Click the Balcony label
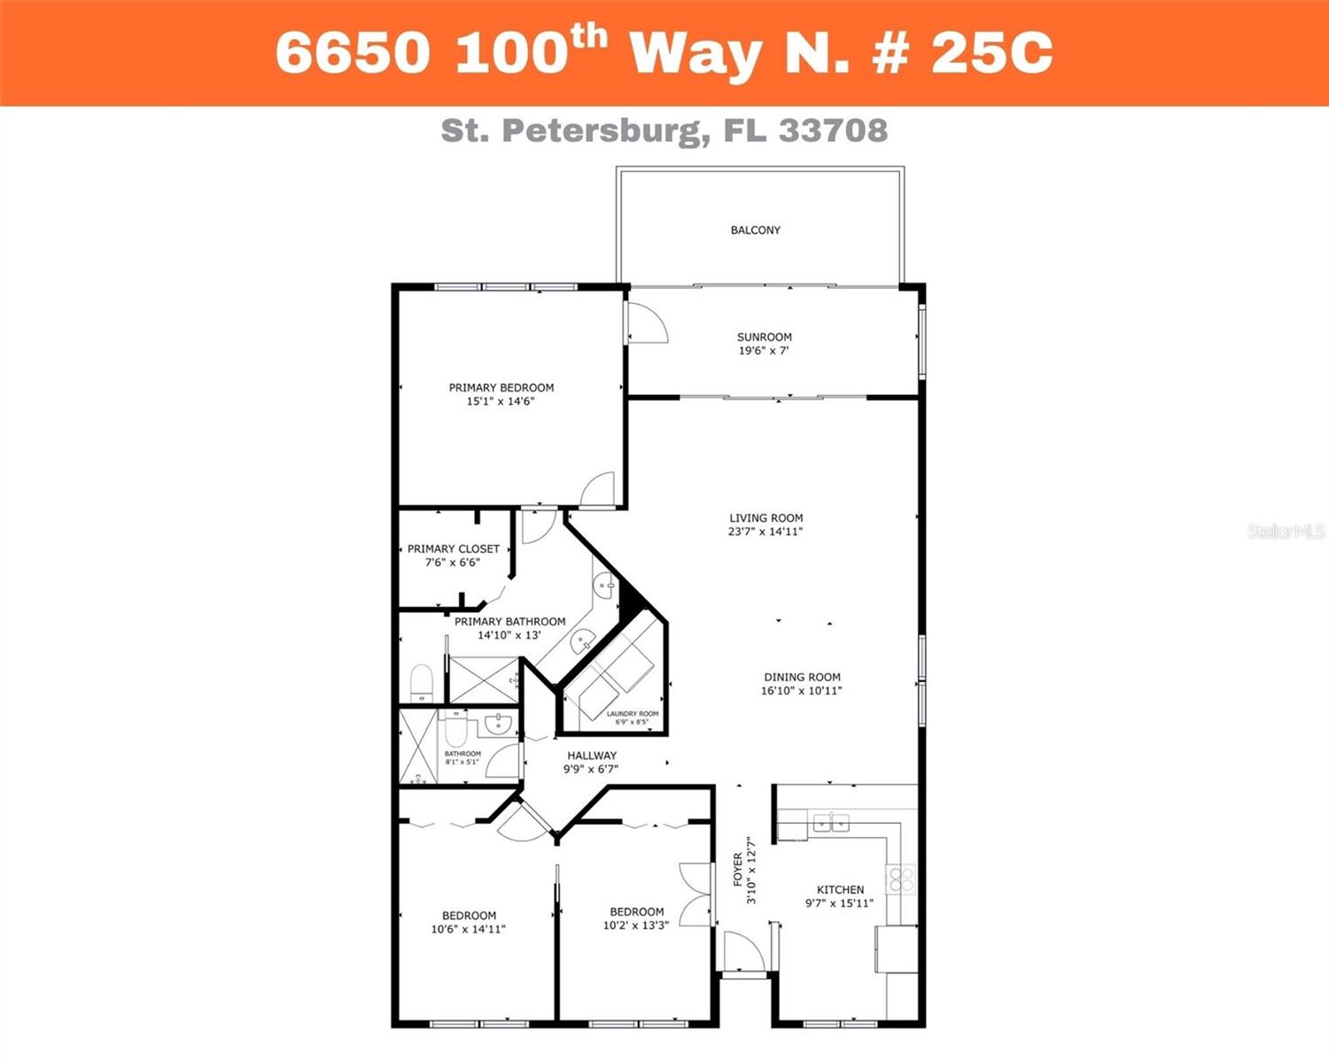(x=755, y=230)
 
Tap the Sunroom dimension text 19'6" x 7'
(x=764, y=351)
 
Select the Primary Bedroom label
(x=501, y=387)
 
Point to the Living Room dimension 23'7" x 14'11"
(x=766, y=532)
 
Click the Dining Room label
(x=802, y=677)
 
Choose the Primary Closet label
(x=453, y=549)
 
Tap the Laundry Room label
(x=632, y=714)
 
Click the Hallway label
(x=592, y=756)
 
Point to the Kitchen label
(x=840, y=889)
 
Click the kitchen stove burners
(x=901, y=879)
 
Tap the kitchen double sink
(x=831, y=823)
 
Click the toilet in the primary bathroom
(x=421, y=683)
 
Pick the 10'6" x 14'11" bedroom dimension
(x=468, y=929)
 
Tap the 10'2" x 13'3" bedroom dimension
(x=635, y=926)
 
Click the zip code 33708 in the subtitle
(x=833, y=131)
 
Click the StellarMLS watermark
(x=1286, y=531)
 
